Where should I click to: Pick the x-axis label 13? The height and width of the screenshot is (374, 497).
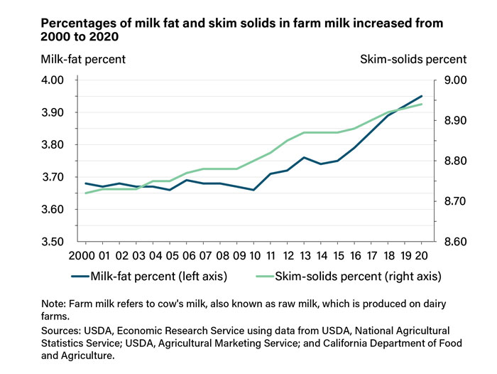tap(304, 255)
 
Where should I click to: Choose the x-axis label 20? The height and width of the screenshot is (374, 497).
tap(421, 255)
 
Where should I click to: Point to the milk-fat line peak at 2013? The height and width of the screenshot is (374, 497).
tap(304, 157)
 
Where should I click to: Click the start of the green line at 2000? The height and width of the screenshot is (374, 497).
tap(85, 193)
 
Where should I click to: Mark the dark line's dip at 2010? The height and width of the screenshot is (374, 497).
tap(253, 190)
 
